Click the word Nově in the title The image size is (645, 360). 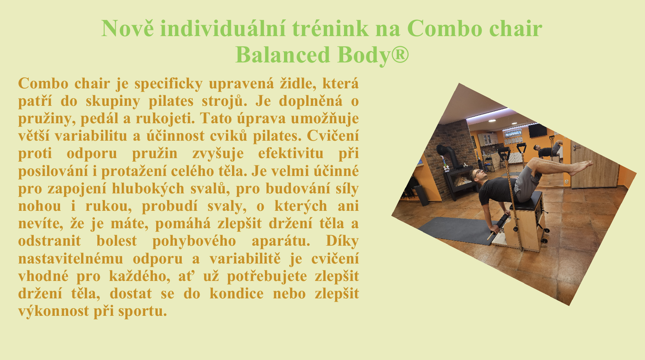pos(127,28)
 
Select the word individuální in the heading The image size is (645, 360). pos(223,28)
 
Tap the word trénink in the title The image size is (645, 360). pos(331,28)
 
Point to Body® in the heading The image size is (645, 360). pos(373,55)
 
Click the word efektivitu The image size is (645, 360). pos(290,153)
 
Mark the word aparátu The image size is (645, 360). pos(281,241)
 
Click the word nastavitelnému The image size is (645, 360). pos(71,258)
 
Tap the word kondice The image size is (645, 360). pos(236,294)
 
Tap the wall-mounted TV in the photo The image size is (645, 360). pos(537,131)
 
